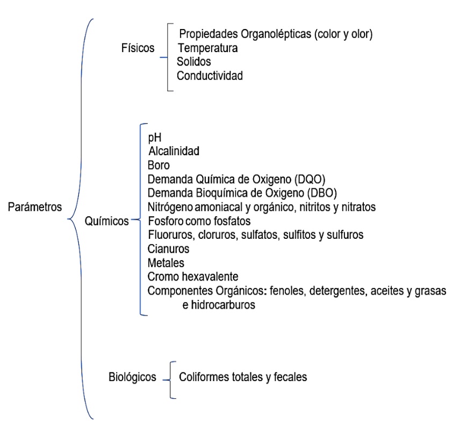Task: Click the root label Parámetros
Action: [35, 207]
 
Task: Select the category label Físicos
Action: [138, 48]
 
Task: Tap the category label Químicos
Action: [106, 221]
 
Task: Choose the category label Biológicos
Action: [132, 377]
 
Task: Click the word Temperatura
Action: [208, 48]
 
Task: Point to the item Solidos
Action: [194, 62]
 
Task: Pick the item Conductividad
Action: [210, 76]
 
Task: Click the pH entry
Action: [155, 138]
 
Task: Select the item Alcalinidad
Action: [174, 151]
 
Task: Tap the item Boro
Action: [159, 165]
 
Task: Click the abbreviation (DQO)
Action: [310, 179]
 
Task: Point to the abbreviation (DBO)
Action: [322, 193]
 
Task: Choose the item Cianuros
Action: [169, 249]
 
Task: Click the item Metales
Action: [166, 263]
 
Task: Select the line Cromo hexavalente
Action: [193, 277]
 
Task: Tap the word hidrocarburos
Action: [223, 305]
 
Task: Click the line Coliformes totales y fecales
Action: [243, 377]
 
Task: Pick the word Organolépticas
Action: [276, 34]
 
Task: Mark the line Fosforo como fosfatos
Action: [199, 221]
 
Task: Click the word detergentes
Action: [337, 291]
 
